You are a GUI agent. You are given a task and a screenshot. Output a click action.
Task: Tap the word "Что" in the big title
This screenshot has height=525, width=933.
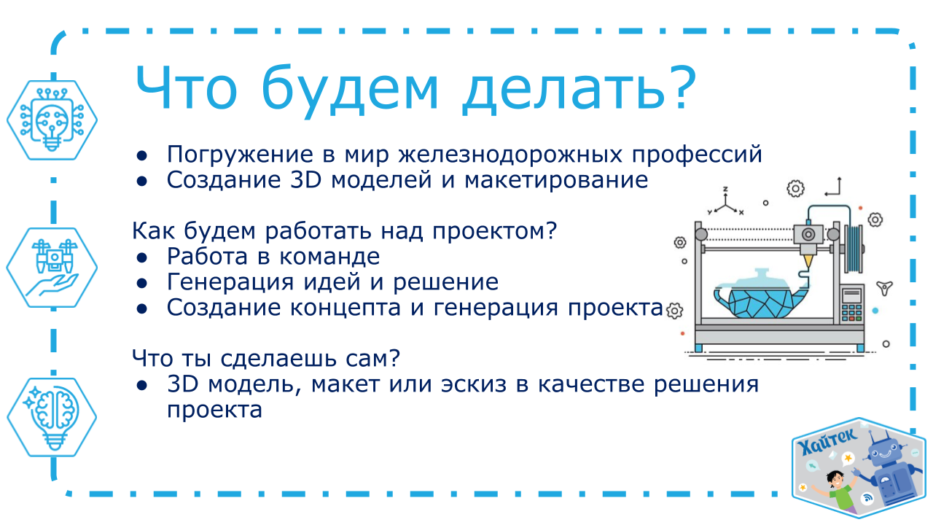click(x=186, y=89)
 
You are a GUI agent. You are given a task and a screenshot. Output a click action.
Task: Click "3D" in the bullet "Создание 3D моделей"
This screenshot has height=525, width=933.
click(x=305, y=180)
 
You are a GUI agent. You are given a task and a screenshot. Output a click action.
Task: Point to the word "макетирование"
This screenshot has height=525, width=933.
click(x=556, y=181)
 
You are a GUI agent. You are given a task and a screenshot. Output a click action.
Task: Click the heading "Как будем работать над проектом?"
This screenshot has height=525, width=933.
click(x=345, y=230)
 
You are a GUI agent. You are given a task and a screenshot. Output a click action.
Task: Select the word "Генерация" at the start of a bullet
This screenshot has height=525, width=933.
click(x=230, y=283)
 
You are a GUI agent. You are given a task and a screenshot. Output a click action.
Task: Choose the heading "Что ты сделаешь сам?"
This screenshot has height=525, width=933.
click(x=266, y=358)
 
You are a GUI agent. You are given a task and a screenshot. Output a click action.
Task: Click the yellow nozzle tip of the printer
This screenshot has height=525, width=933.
click(x=808, y=262)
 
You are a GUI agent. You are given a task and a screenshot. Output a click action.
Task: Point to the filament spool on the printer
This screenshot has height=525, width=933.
click(x=854, y=249)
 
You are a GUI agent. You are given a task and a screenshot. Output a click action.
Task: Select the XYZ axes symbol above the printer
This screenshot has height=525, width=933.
click(x=725, y=201)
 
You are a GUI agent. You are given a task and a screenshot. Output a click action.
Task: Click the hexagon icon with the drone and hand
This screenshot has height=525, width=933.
click(x=52, y=268)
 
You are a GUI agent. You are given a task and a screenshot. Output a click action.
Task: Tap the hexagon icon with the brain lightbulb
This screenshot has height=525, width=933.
click(x=52, y=417)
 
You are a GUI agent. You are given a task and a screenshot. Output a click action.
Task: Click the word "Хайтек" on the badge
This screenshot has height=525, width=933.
click(x=827, y=441)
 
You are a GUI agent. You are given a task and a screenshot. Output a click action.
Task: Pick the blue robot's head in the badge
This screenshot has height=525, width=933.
click(x=886, y=449)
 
